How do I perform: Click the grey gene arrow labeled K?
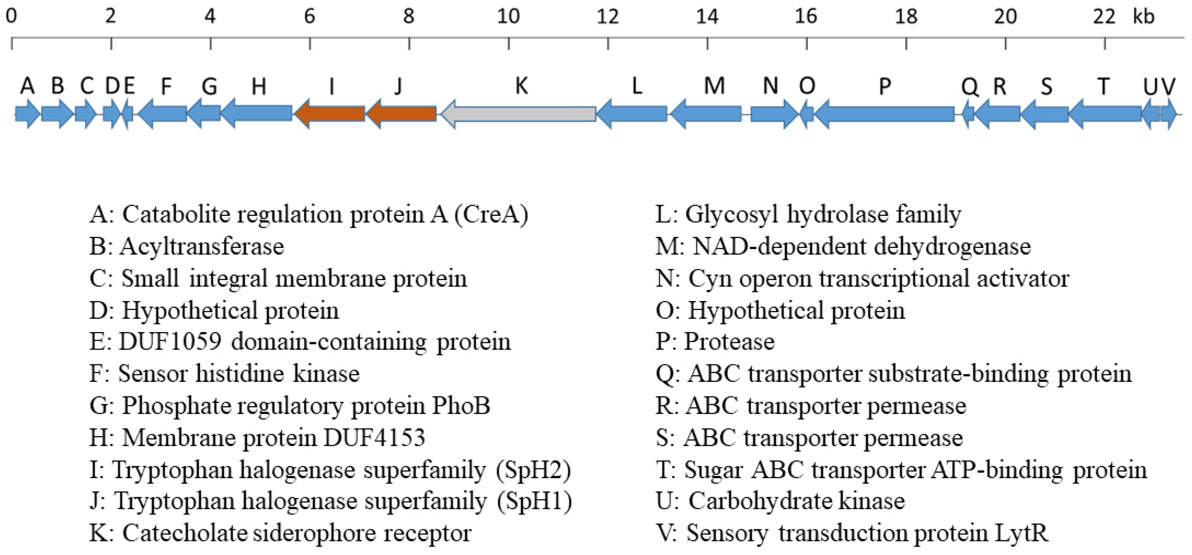pos(518,114)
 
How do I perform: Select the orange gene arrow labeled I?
pos(330,114)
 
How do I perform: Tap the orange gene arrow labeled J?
pos(401,114)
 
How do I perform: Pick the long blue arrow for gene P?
pos(884,114)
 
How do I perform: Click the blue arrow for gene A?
pos(27,114)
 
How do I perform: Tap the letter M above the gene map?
pos(714,86)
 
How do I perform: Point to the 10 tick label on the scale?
pos(508,17)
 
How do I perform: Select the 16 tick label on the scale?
pos(806,17)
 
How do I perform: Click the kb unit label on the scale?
pos(1144,17)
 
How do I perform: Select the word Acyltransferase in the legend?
pos(202,246)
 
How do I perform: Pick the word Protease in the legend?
pos(729,342)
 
